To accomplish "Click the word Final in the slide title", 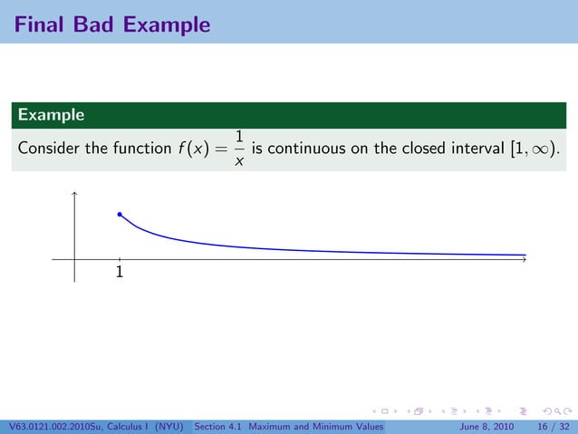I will tap(38, 24).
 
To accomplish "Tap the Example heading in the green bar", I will tap(51, 115).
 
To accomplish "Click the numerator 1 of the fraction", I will tap(239, 137).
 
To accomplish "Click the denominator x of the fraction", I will tap(239, 161).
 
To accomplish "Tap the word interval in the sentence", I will tap(471, 149).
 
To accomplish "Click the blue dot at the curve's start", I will tap(120, 215).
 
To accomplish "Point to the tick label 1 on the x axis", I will tap(120, 272).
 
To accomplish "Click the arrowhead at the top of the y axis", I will tap(74, 193).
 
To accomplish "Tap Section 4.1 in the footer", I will tap(218, 426).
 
